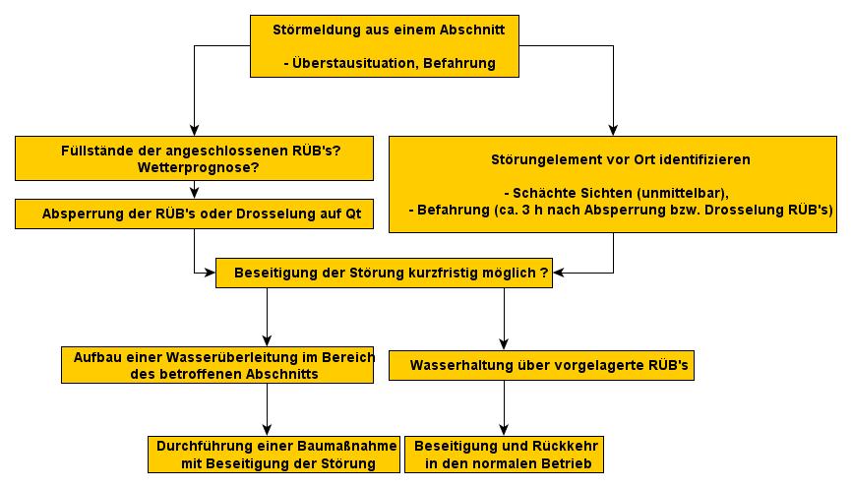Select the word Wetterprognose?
click(x=199, y=168)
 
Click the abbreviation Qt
click(x=353, y=214)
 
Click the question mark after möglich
click(x=544, y=273)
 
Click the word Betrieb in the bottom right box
click(x=567, y=464)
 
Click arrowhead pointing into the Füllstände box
click(x=195, y=131)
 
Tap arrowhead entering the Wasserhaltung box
click(x=505, y=344)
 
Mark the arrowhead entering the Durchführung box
click(x=267, y=430)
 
